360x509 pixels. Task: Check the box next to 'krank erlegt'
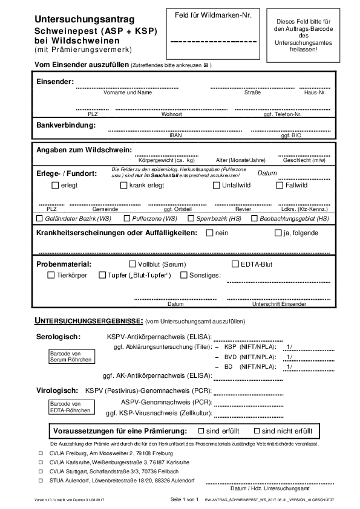point(123,186)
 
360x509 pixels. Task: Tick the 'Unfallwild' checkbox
point(217,186)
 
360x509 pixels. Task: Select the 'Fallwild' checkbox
point(280,186)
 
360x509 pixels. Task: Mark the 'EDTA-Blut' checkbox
point(236,264)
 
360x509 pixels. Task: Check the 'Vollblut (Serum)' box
point(133,264)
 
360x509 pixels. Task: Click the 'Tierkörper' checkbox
point(51,276)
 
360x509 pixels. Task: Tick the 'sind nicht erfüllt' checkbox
point(257,431)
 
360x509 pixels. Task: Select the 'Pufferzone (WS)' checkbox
point(127,218)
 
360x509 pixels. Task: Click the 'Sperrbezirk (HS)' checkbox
point(191,218)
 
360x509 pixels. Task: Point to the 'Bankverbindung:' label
point(66,125)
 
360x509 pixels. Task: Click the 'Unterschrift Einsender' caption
point(279,303)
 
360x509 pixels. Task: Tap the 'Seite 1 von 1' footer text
point(185,501)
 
